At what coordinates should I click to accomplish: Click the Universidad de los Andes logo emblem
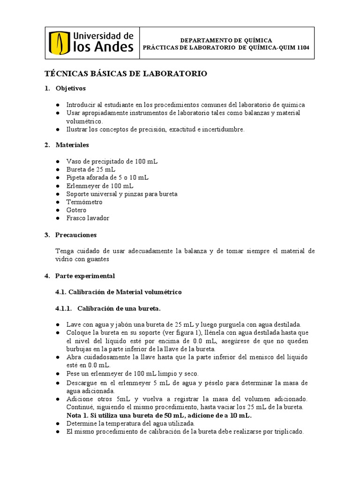59,43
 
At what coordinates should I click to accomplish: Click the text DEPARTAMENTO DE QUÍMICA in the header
227,40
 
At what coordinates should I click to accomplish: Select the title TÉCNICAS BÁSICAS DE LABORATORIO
125,74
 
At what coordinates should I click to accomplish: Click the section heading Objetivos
70,88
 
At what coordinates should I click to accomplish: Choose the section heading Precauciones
76,235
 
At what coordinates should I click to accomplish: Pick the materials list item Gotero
76,210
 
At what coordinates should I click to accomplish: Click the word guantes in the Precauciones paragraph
97,259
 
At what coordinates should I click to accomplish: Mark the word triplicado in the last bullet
286,432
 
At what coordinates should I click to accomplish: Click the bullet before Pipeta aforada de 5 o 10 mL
57,178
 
